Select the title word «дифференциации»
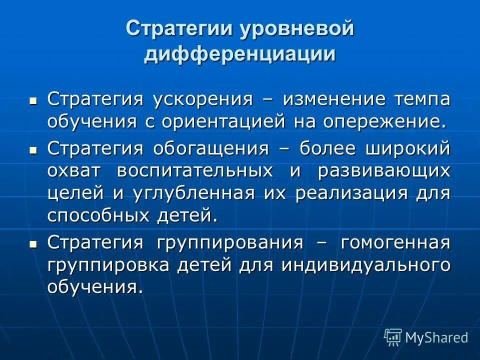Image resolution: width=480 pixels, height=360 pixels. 240,53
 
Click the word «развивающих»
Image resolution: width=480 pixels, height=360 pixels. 384,170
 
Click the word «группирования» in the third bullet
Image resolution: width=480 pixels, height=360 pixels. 229,242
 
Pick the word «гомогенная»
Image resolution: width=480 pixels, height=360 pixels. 395,242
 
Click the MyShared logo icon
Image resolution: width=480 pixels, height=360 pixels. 393,337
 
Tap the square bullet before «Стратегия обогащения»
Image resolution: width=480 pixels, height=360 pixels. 33,149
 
